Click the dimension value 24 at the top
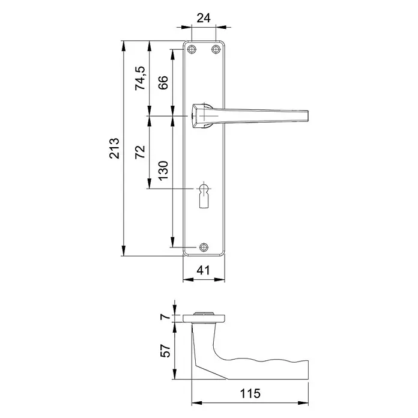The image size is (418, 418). [204, 18]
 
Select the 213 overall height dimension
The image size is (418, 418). [114, 148]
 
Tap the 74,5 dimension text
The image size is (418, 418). [140, 78]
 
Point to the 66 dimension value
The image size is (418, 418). [163, 82]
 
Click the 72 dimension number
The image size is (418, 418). [140, 152]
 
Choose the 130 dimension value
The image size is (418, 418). [163, 171]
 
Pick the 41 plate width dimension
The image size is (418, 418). [203, 270]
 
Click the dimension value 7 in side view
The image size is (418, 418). [165, 317]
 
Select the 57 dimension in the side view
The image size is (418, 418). [165, 351]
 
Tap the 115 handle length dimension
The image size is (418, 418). [250, 393]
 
